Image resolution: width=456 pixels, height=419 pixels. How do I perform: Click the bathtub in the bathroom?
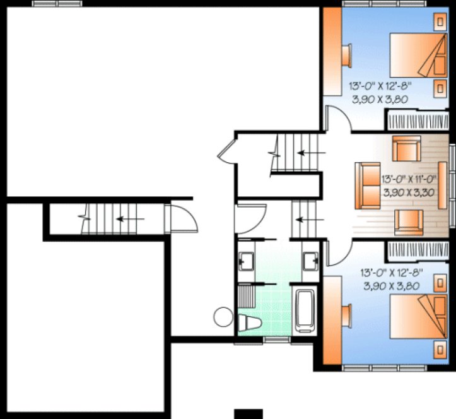point(307,310)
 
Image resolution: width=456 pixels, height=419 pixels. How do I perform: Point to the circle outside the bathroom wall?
point(223,316)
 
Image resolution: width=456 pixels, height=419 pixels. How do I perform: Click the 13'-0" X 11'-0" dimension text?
point(409,179)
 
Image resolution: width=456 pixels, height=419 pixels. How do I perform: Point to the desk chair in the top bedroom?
point(346,54)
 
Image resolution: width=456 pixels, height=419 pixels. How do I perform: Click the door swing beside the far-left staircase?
point(182,221)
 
